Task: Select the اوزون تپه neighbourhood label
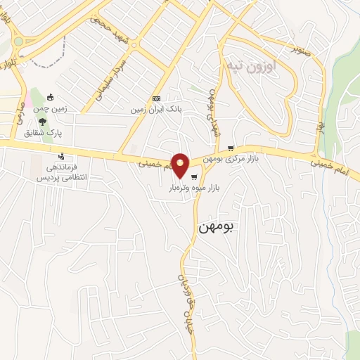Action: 252,65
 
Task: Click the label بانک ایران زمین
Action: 154,110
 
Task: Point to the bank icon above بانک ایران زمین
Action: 156,99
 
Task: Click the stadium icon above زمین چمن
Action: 49,97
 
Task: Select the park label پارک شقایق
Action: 44,133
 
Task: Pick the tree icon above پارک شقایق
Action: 44,122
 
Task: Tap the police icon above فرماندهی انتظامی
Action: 62,156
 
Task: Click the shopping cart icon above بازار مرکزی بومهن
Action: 231,148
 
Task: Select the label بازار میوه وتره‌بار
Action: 193,188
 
